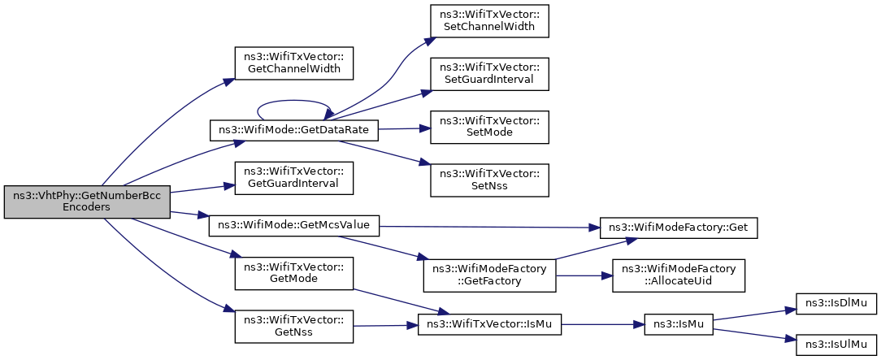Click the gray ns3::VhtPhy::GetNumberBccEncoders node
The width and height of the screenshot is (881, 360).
(87, 202)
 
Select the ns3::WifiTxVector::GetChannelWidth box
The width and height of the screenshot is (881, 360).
(294, 63)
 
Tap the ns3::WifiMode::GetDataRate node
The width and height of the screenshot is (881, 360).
(294, 130)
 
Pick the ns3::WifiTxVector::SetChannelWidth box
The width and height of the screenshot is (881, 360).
(489, 21)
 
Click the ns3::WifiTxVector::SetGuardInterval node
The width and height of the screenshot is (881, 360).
(489, 74)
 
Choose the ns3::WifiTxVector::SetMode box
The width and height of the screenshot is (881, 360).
(489, 127)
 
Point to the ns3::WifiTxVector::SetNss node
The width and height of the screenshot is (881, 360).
(489, 180)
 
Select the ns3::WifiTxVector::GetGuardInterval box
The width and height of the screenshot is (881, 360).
(294, 178)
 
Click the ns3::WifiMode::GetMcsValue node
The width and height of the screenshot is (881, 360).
(294, 226)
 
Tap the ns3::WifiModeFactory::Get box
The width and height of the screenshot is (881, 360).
(679, 227)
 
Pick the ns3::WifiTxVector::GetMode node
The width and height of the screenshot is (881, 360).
(294, 274)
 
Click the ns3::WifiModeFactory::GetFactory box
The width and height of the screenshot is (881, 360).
(489, 275)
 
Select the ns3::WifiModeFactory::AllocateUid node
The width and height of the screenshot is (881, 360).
(679, 275)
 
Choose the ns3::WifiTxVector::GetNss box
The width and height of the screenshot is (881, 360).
(294, 327)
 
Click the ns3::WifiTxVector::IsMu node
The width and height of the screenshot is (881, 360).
(489, 324)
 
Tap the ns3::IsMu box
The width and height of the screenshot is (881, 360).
(679, 324)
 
